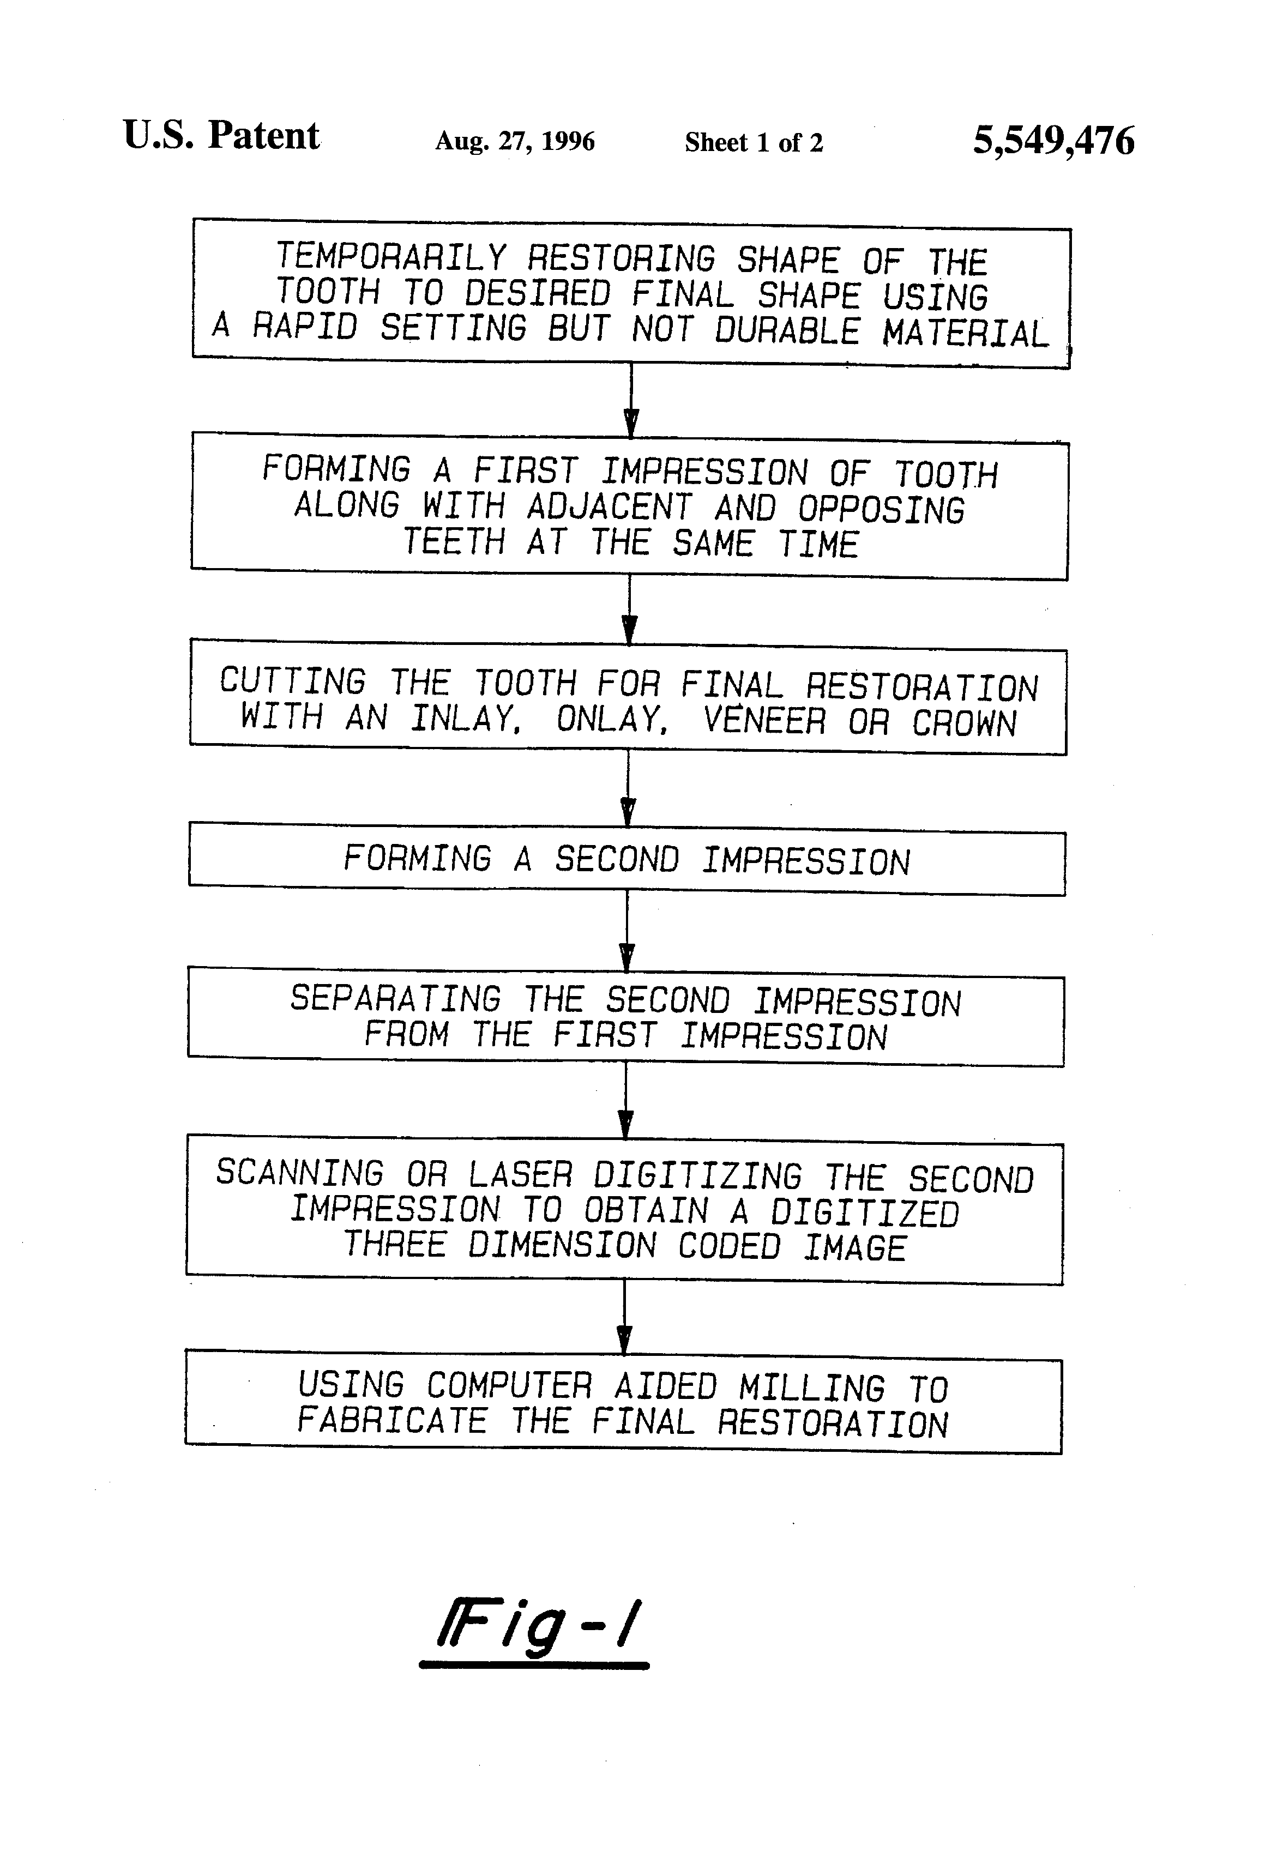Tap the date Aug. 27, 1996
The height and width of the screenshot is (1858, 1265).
pos(514,142)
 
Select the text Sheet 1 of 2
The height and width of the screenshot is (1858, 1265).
pos(753,142)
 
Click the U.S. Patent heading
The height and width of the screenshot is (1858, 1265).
pos(221,135)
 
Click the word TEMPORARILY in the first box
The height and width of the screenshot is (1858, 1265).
pos(391,257)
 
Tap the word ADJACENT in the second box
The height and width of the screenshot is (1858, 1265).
pos(609,507)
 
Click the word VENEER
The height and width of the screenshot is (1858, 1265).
pos(764,720)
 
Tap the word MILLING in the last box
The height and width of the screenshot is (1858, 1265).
pos(811,1388)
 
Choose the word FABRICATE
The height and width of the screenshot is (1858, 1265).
pos(392,1421)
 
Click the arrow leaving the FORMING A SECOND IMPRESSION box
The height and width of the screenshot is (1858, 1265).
pos(627,931)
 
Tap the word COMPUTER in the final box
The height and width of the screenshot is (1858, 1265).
pos(509,1385)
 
